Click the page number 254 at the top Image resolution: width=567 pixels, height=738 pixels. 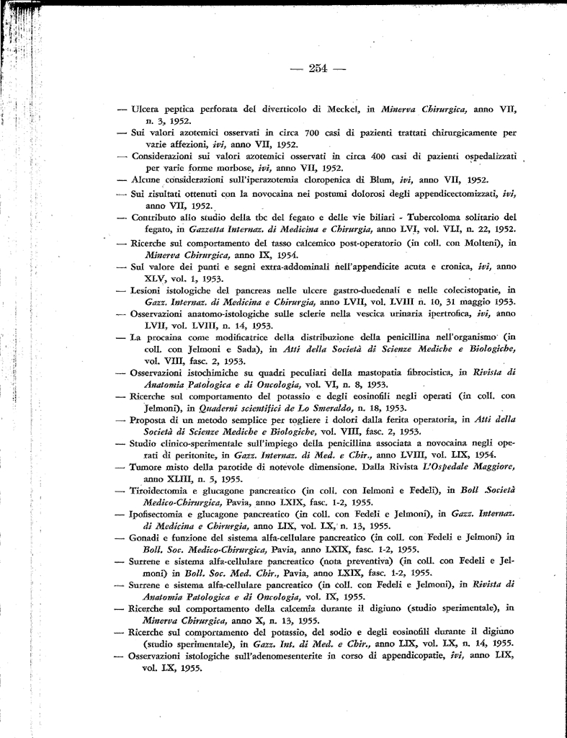coord(317,69)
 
